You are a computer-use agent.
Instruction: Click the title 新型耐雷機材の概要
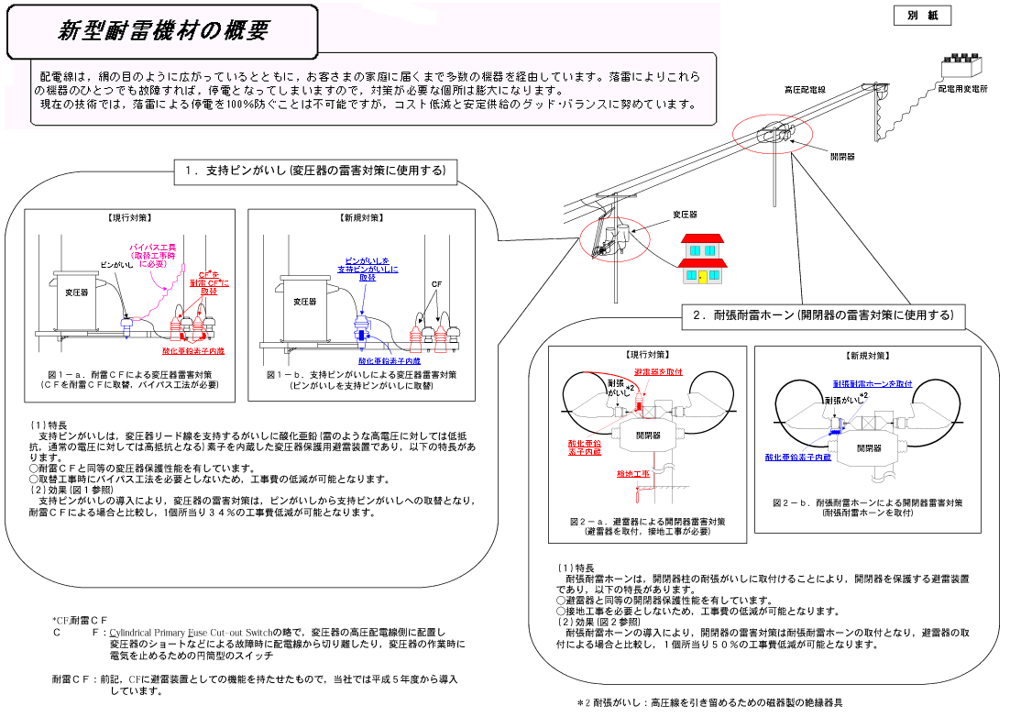[163, 30]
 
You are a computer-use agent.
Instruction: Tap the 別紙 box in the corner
[921, 16]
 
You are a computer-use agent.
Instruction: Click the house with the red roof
[702, 259]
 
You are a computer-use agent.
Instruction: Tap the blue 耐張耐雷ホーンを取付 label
[873, 383]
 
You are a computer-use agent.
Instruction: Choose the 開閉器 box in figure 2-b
[869, 447]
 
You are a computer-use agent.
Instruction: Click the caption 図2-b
[867, 502]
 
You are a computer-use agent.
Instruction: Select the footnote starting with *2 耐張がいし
[709, 703]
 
